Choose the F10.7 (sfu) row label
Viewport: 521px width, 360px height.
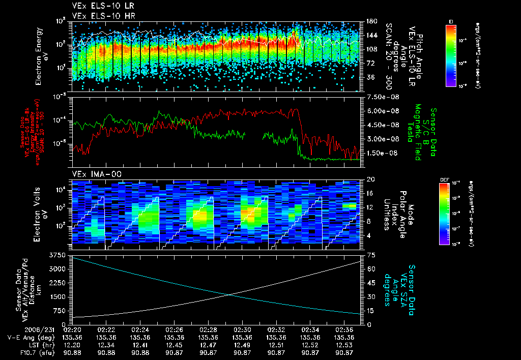click(24, 352)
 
